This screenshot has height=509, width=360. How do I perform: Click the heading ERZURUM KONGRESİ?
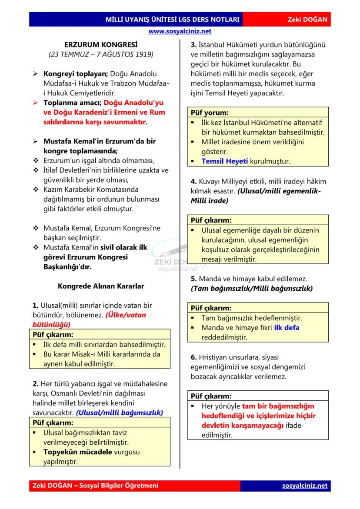point(101,45)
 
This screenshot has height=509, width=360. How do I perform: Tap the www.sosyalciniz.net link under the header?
point(180,31)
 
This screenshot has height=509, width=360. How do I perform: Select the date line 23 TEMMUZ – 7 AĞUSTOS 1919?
point(101,55)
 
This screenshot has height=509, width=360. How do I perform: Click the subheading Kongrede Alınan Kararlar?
point(101,286)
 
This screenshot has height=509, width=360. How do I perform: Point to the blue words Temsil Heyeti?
point(224,161)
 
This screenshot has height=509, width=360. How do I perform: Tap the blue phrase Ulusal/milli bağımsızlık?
point(120,412)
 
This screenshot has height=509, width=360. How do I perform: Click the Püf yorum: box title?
point(210,113)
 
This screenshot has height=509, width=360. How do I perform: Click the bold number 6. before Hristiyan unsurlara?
point(194,357)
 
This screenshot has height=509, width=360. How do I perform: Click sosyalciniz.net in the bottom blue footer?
point(304,486)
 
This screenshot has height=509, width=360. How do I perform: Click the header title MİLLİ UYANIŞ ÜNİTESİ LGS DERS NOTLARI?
point(173,20)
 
